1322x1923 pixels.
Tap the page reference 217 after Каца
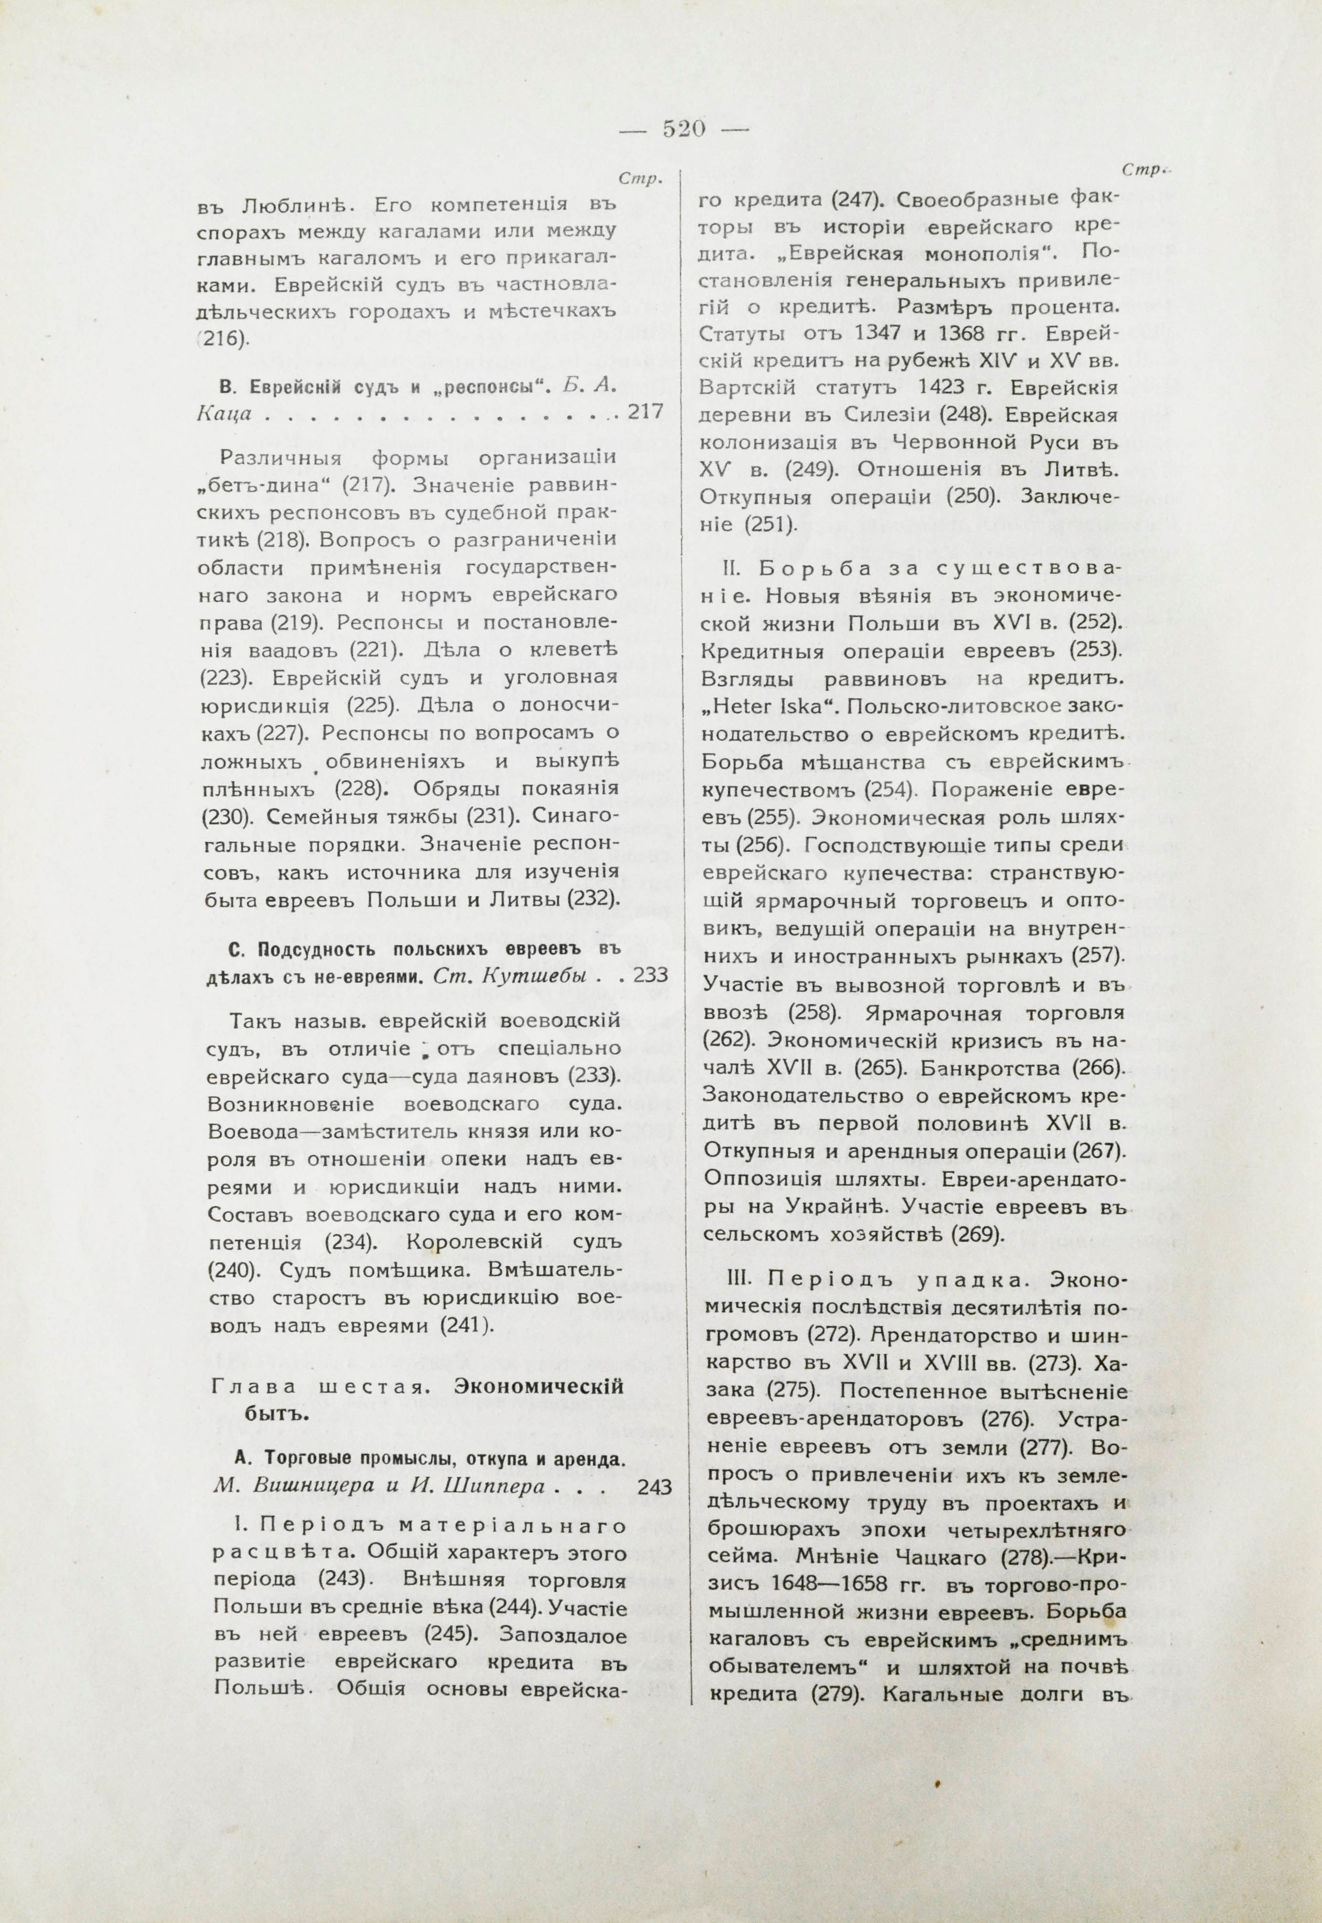[646, 412]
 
